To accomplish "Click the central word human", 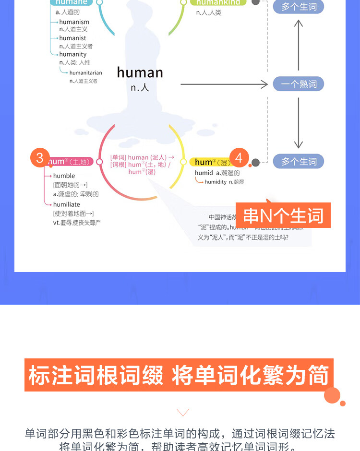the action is coord(140,72).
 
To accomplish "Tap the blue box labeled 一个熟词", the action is coord(299,84).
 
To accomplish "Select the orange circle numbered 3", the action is coord(40,157).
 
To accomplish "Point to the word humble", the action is coord(64,176).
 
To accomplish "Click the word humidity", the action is coord(216,182).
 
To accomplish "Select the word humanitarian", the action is coord(85,73).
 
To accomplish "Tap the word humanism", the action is coord(74,22).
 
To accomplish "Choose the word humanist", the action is coord(72,38).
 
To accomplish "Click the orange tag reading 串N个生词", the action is coord(283,216).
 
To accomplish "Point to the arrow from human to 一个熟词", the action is coord(224,84).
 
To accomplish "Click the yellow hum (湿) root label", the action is coord(209,162).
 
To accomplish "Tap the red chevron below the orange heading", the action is coord(183,412).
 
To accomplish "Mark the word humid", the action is coord(204,173).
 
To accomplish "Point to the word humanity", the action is coord(73,54).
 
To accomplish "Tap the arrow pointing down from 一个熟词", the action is coord(299,122).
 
